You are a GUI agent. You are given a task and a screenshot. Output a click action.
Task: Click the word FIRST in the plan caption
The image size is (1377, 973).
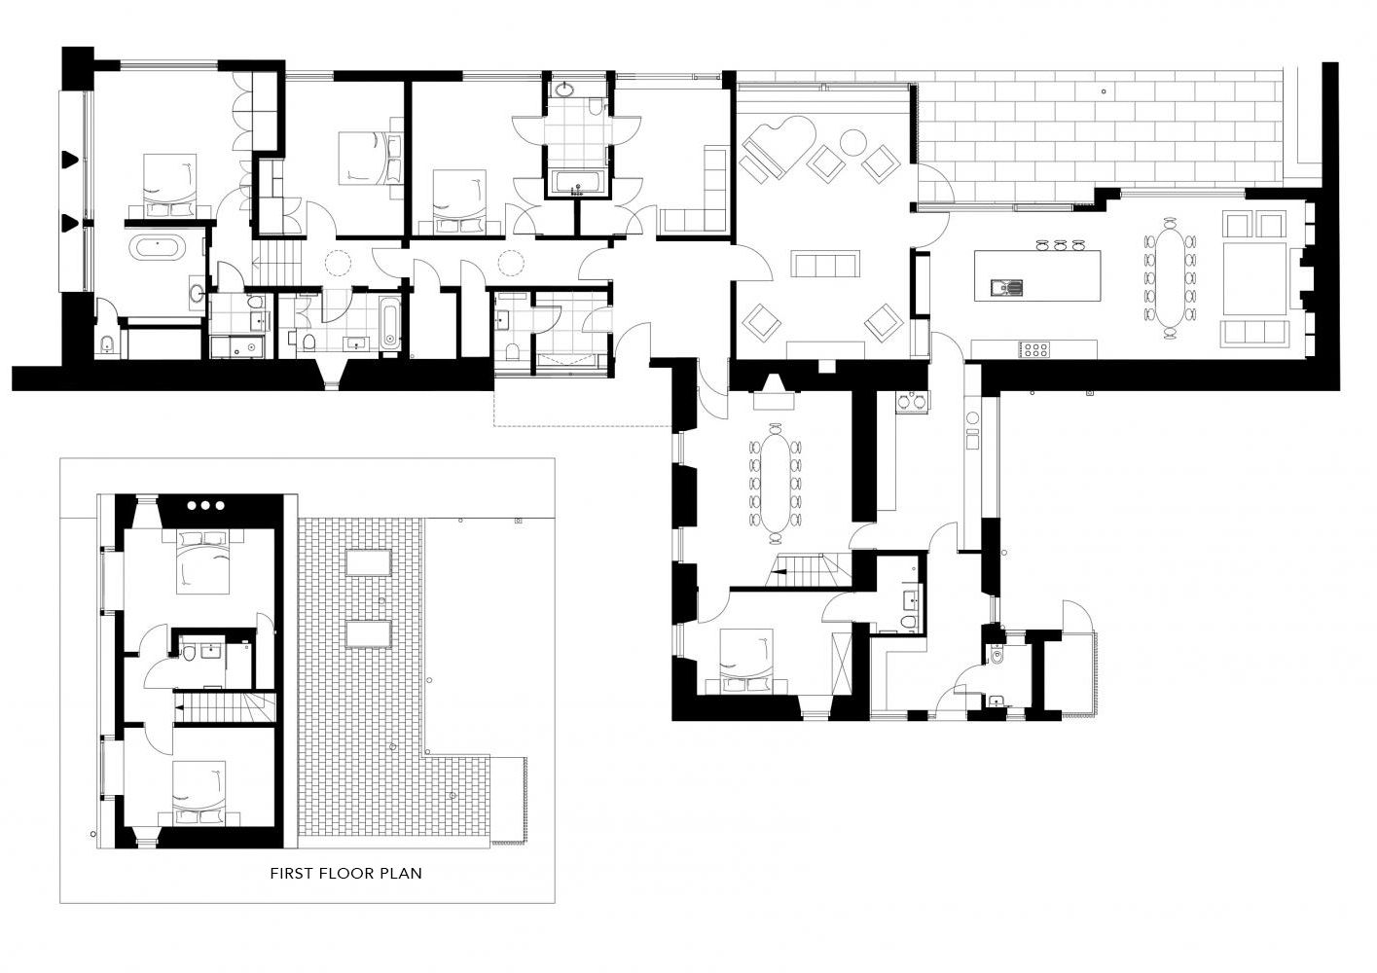tap(291, 874)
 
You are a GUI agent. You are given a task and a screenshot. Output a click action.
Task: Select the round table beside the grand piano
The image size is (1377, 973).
tap(853, 142)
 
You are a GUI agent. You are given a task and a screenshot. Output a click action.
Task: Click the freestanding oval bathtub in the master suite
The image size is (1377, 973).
tap(158, 248)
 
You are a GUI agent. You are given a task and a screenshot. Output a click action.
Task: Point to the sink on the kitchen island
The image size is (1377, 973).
tap(1006, 287)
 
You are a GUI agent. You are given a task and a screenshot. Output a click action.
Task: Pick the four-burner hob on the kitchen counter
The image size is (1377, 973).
tap(1034, 349)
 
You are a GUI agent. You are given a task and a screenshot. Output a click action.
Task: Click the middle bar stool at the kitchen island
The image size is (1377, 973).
tap(1060, 244)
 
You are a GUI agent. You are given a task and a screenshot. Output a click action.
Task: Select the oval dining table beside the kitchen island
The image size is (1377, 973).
tap(1170, 278)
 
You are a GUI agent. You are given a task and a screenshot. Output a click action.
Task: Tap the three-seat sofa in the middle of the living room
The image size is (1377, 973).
tap(825, 264)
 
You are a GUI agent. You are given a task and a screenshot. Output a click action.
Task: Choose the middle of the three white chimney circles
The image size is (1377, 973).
tap(205, 505)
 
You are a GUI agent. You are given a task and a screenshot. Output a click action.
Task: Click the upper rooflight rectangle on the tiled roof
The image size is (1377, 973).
tap(368, 562)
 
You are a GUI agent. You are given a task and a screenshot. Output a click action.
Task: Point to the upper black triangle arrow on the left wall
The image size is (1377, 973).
tap(71, 160)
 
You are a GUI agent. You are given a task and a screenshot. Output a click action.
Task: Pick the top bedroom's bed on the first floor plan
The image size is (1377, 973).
tap(202, 561)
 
